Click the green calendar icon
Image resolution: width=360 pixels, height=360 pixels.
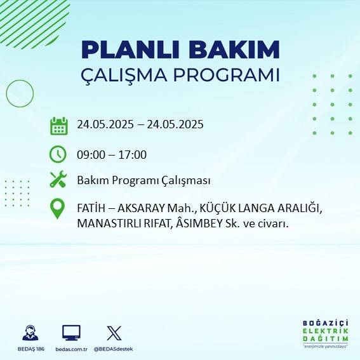pos(58,125)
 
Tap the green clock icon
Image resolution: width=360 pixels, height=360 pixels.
pos(58,154)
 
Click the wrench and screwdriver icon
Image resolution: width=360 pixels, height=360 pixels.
pos(58,180)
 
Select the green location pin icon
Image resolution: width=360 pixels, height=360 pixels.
pos(58,210)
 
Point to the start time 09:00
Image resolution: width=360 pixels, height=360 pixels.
pos(90,155)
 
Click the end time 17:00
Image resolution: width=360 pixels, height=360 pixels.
pos(133,155)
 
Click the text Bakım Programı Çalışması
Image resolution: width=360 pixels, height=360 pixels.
pos(143,181)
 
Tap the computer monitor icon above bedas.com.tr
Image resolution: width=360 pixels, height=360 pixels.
pos(71,333)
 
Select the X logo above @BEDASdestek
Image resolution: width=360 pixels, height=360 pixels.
pos(114,333)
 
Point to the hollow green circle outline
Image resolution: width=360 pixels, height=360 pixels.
pos(20,93)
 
